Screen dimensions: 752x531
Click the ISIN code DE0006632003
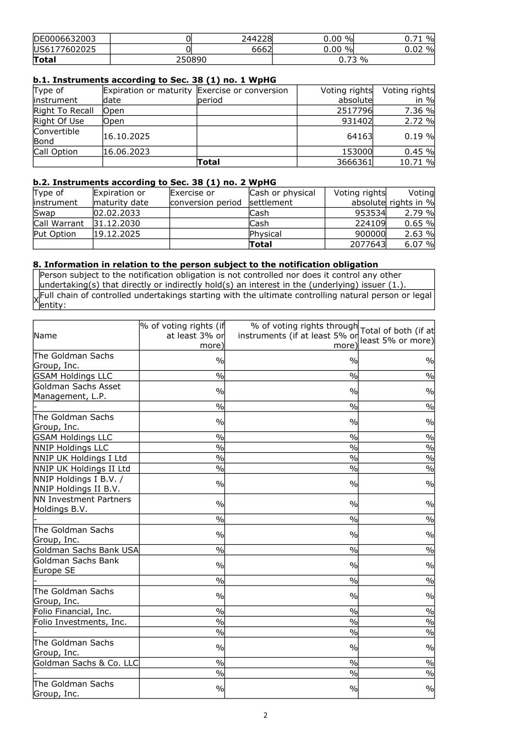(x=65, y=39)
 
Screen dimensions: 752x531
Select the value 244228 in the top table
(x=257, y=39)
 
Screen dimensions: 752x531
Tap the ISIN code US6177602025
(x=65, y=49)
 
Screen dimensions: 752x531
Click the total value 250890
(x=191, y=59)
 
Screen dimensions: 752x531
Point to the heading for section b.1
(x=155, y=80)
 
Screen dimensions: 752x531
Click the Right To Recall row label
(x=64, y=111)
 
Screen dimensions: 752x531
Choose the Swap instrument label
(x=45, y=213)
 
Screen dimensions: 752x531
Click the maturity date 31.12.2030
(x=117, y=223)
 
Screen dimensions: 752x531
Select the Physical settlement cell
(x=265, y=234)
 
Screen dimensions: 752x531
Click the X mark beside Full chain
(x=36, y=300)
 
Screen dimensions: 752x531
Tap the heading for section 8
(x=205, y=264)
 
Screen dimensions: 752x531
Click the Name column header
(x=45, y=336)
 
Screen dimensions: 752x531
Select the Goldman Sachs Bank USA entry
(x=86, y=550)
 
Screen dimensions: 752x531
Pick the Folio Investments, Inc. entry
(x=80, y=621)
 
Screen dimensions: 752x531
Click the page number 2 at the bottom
(x=265, y=715)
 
